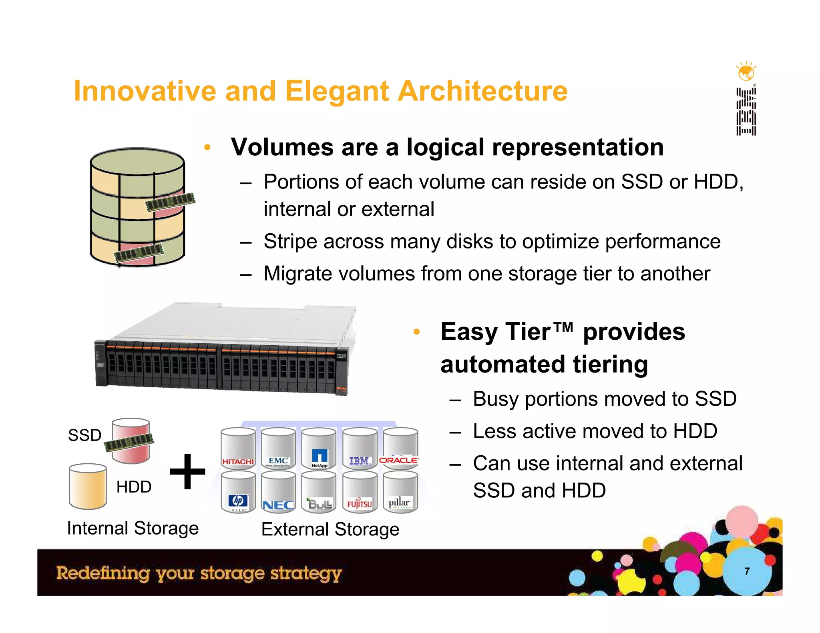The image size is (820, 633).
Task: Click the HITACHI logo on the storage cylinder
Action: [238, 461]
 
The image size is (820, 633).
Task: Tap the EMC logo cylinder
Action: [278, 461]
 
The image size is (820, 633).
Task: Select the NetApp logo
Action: [320, 458]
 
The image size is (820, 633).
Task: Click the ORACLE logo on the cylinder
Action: [399, 460]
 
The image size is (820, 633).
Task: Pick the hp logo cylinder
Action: [238, 501]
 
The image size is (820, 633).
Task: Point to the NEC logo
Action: [278, 505]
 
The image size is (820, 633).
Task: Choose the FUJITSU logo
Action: [360, 503]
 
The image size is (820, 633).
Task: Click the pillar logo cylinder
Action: [399, 502]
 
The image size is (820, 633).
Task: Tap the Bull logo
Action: [320, 504]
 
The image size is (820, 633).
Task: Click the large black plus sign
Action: [187, 471]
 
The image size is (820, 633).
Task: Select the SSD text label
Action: [84, 435]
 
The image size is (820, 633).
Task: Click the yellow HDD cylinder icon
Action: [88, 486]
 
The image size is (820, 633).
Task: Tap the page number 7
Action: [747, 571]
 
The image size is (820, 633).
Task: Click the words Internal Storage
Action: [133, 528]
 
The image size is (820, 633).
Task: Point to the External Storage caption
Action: [330, 529]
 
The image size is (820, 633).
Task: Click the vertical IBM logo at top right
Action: [746, 111]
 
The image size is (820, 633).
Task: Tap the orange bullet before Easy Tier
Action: [416, 332]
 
